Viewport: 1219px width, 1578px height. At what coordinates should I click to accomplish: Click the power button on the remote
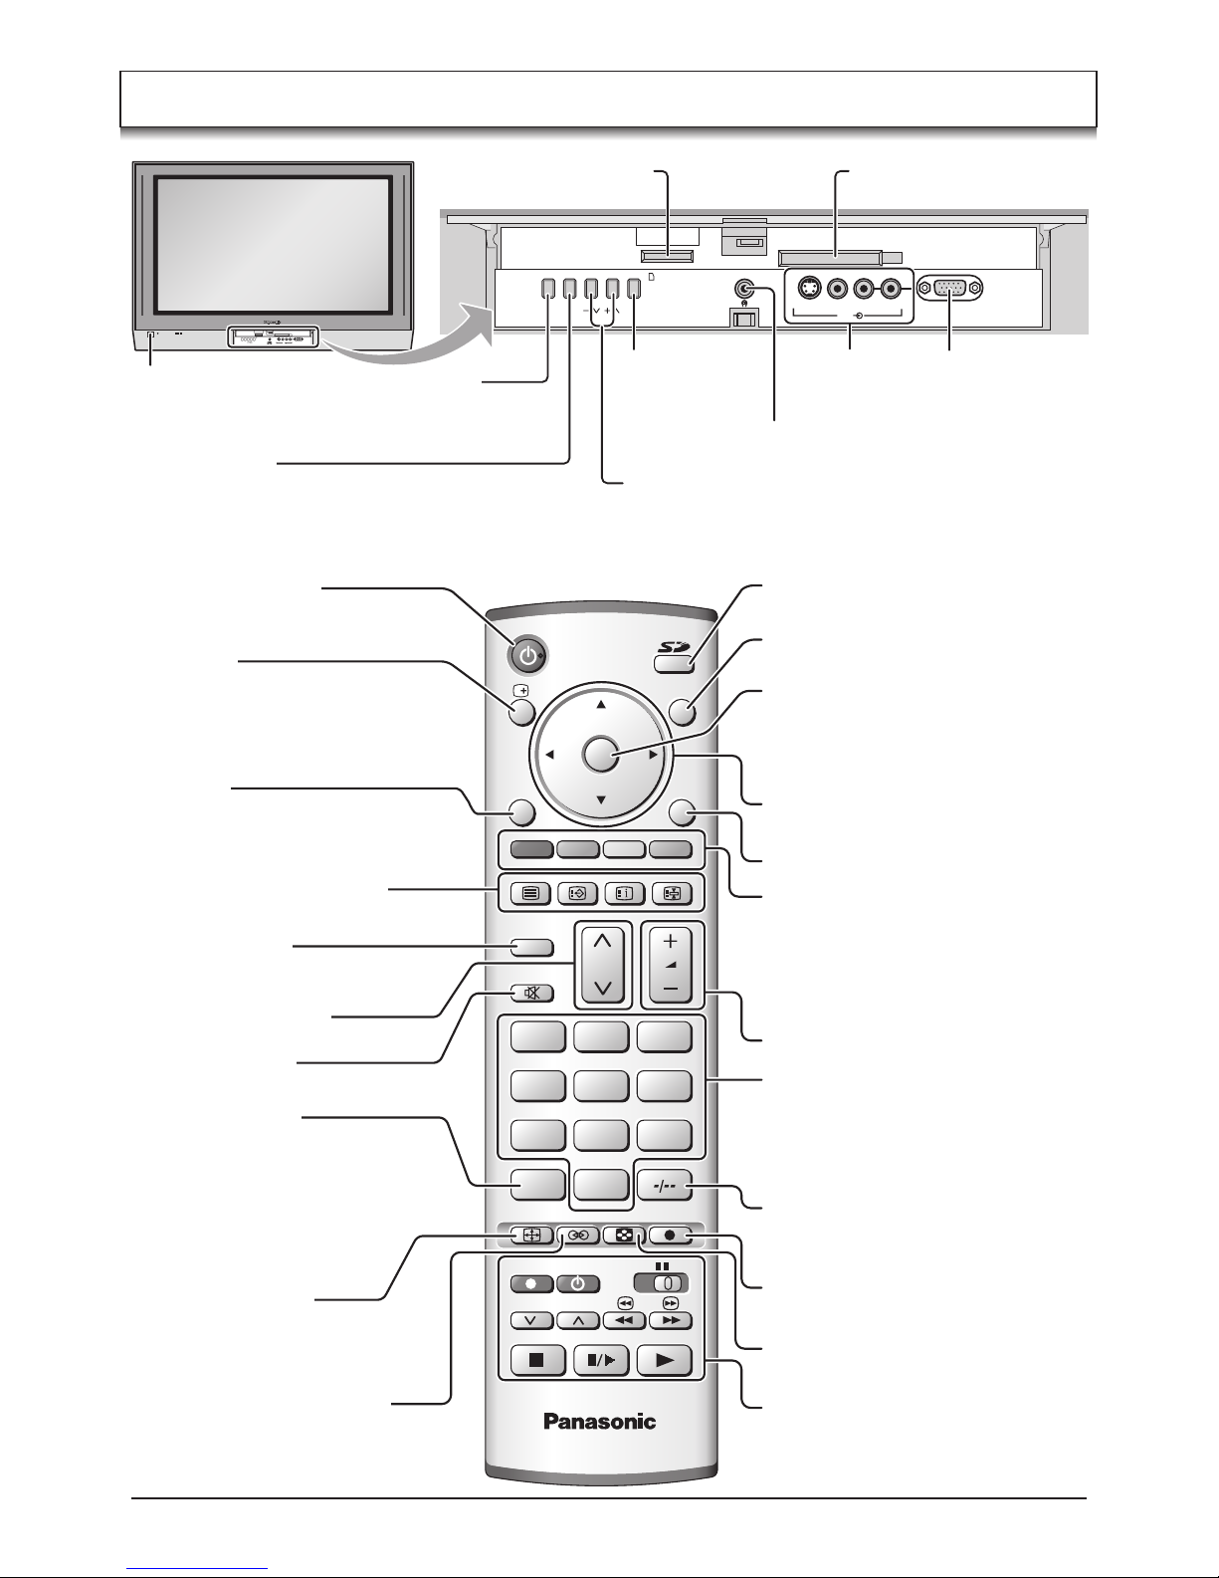tap(528, 657)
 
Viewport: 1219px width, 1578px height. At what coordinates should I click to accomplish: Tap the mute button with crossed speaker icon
tap(531, 993)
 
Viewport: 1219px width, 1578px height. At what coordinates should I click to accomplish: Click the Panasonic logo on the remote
tap(600, 1421)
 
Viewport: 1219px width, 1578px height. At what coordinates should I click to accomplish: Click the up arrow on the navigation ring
tap(601, 705)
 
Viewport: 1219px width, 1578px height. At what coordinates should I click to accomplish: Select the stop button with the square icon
tap(537, 1360)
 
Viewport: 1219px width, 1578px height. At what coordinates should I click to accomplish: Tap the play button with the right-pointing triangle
tap(664, 1360)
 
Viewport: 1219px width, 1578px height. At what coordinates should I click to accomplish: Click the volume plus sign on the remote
tap(670, 941)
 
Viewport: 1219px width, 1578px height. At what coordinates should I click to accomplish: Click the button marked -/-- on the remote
tap(664, 1186)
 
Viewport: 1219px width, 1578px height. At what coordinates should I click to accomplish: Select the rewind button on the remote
tap(624, 1320)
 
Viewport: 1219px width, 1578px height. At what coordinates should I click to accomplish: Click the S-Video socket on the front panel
tap(809, 289)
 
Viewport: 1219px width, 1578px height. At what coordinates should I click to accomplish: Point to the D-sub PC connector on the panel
tap(949, 289)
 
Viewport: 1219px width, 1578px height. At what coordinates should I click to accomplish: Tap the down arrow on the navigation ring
tap(601, 800)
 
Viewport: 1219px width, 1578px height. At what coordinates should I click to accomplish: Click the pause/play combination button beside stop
tap(601, 1360)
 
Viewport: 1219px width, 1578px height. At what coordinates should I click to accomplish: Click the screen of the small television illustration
tap(273, 243)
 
